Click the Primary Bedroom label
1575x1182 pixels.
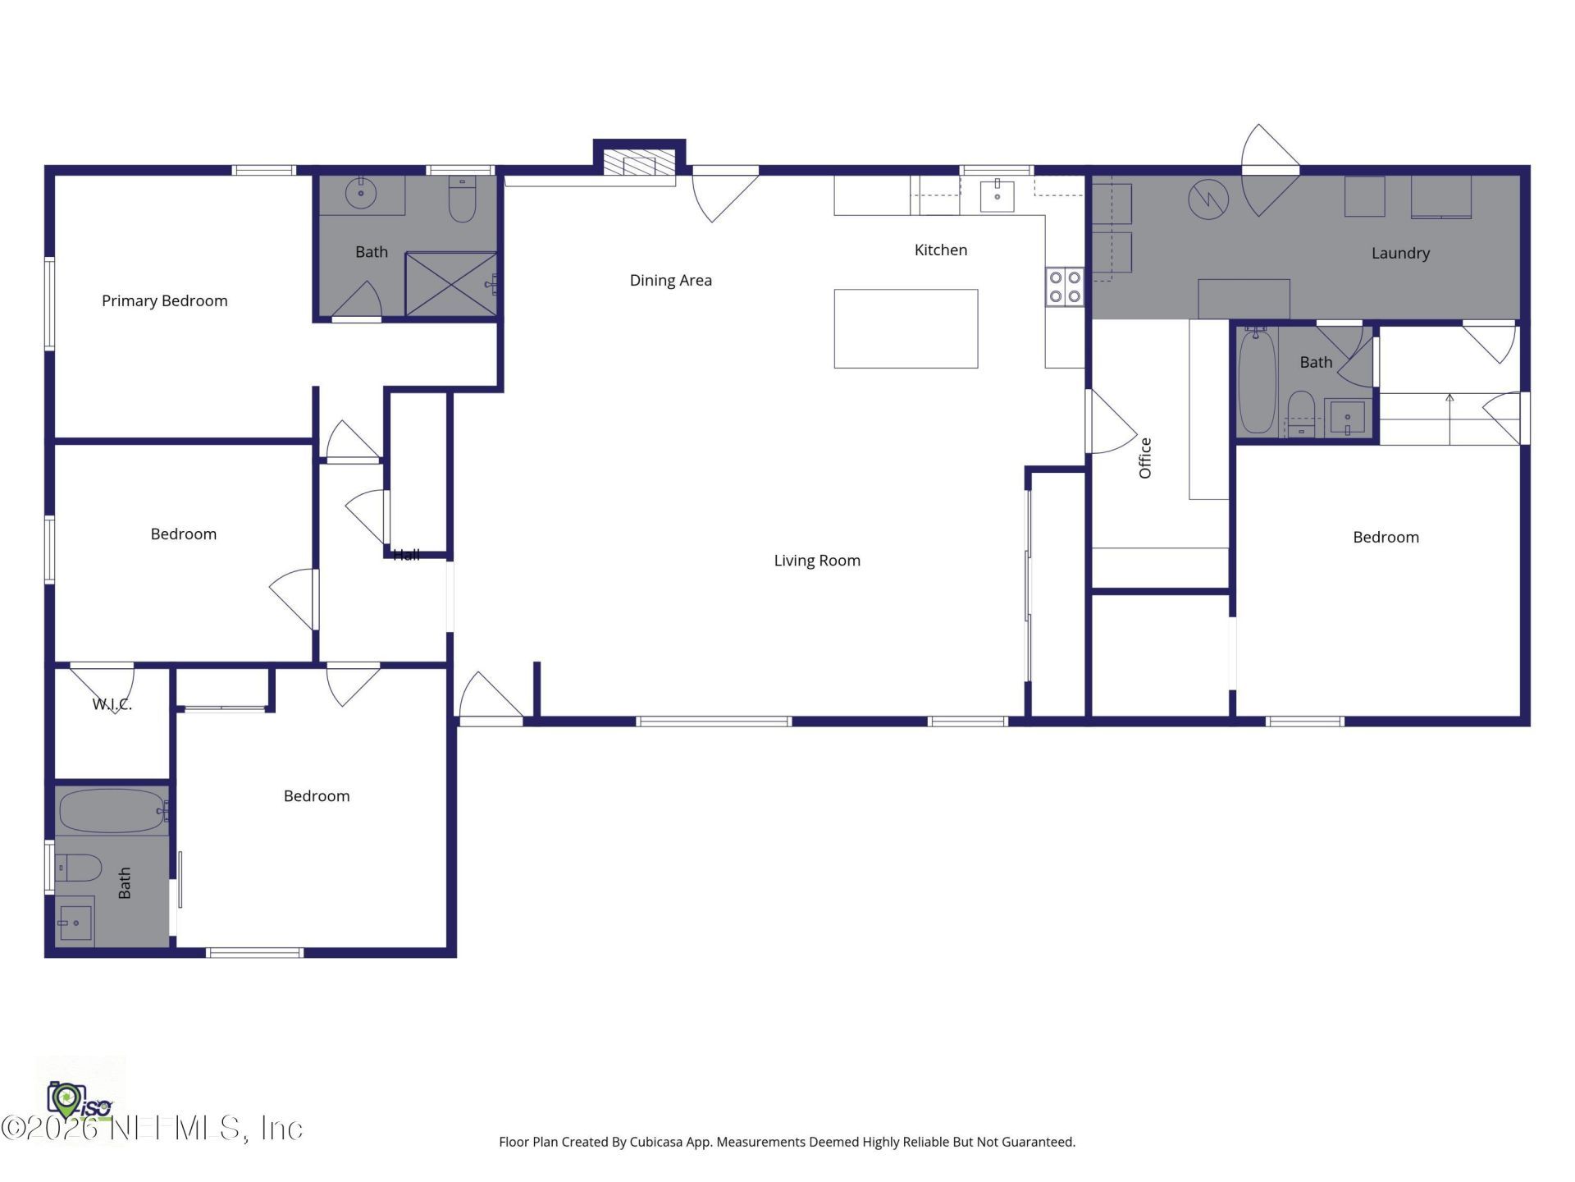tap(164, 300)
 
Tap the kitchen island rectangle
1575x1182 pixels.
tap(906, 328)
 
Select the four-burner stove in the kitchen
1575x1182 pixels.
tap(1064, 287)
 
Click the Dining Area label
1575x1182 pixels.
tap(670, 280)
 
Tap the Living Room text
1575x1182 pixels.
tap(817, 561)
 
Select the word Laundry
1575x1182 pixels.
tap(1400, 253)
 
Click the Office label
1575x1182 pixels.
tap(1145, 458)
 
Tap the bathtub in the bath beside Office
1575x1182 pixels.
tap(1256, 382)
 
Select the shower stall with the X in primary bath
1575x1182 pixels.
tap(451, 284)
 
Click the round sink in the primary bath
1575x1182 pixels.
tap(360, 194)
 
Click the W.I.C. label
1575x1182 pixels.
tap(112, 704)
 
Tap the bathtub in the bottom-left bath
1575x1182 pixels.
tap(112, 811)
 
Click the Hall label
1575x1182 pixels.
tap(406, 555)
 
